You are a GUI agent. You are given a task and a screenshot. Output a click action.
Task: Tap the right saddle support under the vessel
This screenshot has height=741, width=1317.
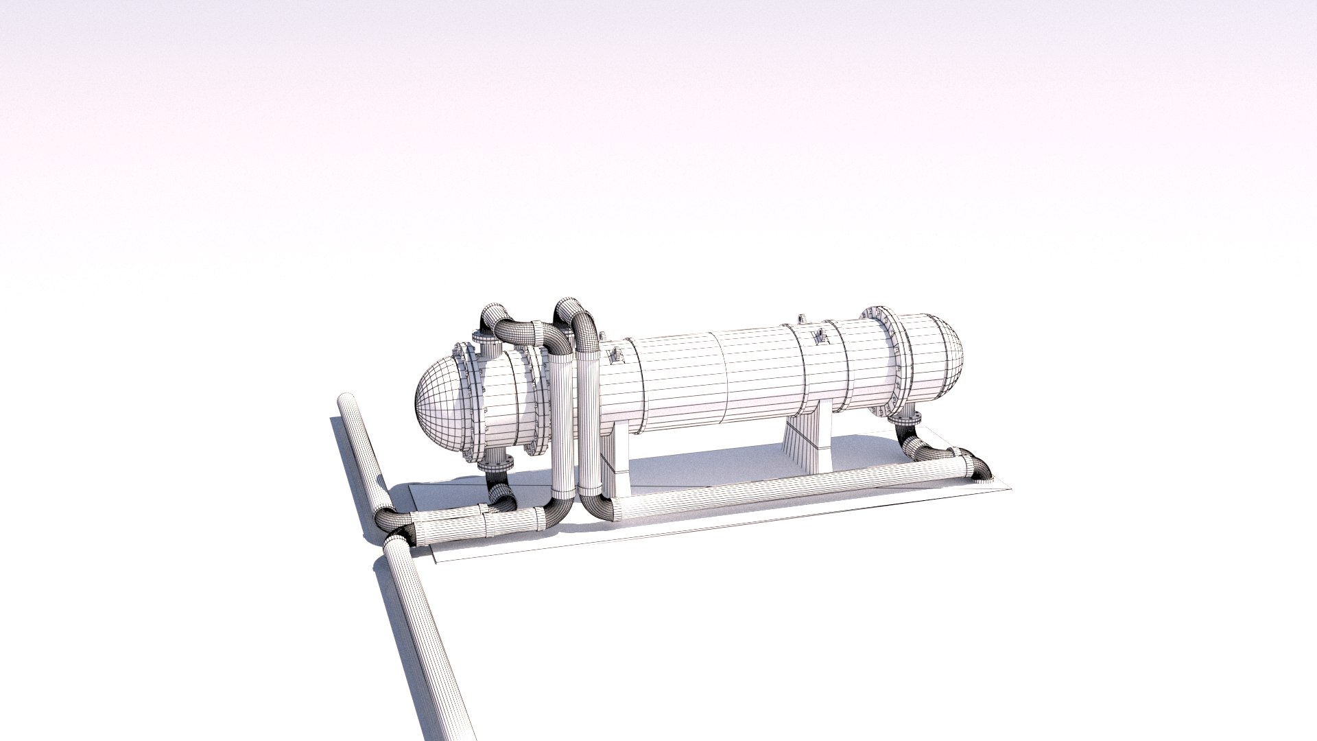coord(809,446)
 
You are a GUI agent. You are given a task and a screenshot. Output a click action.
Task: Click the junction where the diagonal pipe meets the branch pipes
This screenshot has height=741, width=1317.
coord(394,528)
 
